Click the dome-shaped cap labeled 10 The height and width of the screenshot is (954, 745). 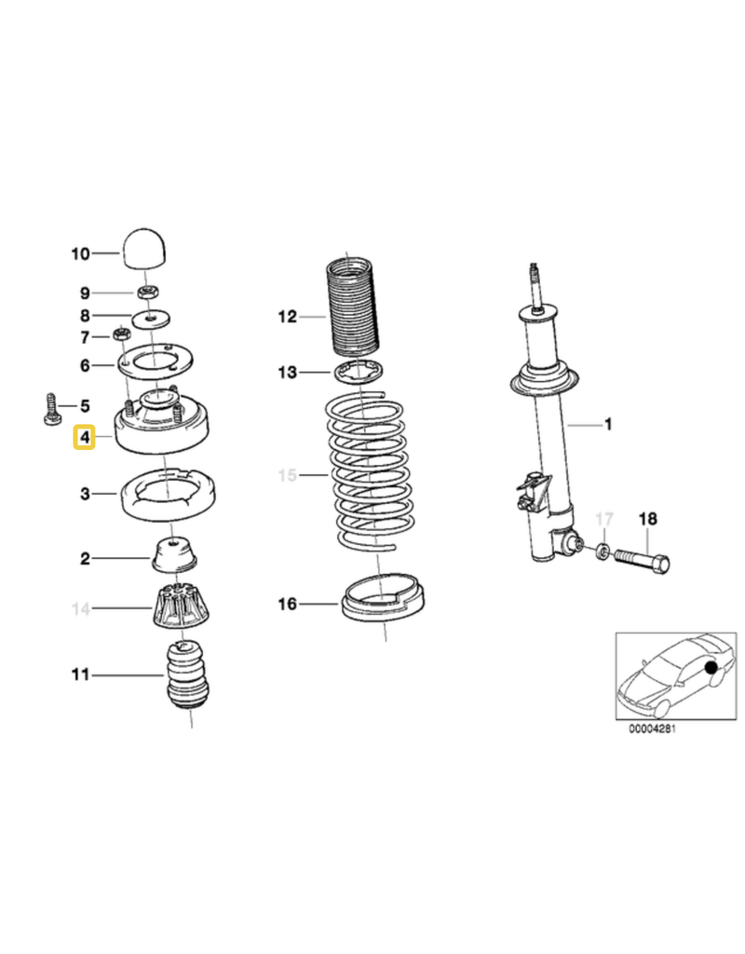(146, 248)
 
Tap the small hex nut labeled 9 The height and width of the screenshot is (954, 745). (146, 292)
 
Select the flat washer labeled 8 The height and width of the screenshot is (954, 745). (150, 318)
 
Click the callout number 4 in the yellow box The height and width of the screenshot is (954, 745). (85, 437)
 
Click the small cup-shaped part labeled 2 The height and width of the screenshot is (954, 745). (174, 554)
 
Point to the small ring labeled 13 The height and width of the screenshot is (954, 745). (360, 373)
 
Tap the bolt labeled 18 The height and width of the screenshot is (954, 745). (643, 559)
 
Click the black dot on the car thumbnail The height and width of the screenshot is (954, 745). (711, 668)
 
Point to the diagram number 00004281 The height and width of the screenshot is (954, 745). (652, 729)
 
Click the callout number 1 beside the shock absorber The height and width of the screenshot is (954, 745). (608, 424)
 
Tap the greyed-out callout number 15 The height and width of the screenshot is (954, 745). (288, 475)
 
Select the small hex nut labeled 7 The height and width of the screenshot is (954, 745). (121, 334)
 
